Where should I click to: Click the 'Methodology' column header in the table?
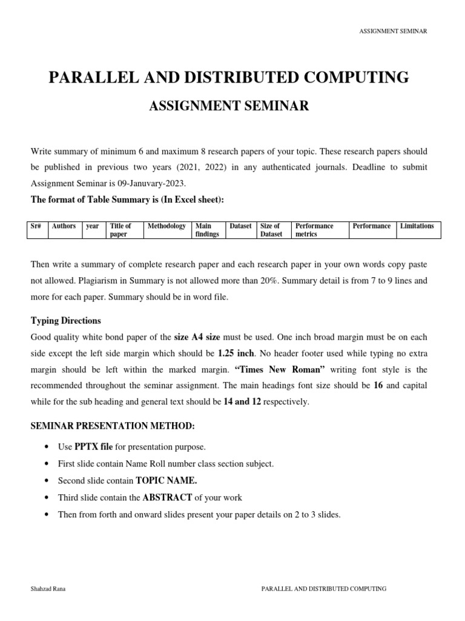click(x=167, y=226)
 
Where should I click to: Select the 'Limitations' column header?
click(x=417, y=226)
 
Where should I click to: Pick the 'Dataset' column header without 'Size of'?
click(x=240, y=226)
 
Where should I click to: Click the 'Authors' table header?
click(x=64, y=226)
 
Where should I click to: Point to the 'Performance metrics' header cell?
click(x=314, y=230)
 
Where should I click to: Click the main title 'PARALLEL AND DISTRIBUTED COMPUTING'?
click(x=229, y=78)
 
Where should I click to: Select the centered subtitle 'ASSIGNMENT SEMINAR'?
click(x=229, y=107)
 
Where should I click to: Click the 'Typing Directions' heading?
click(x=66, y=320)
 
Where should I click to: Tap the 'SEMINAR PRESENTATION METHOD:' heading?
click(x=113, y=426)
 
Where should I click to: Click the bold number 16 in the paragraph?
click(x=378, y=384)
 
